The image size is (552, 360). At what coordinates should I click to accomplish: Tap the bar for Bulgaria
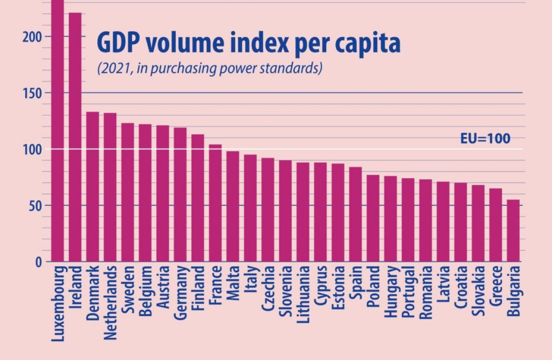click(513, 231)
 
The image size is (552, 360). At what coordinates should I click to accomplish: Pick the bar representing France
click(215, 203)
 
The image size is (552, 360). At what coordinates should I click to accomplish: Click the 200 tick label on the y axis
click(32, 37)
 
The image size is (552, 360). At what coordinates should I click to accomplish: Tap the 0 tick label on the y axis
click(39, 262)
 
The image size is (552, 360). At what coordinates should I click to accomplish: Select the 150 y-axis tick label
click(32, 93)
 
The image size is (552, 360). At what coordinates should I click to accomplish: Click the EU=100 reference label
click(485, 139)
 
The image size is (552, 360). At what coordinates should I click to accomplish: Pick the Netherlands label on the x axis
click(110, 302)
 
